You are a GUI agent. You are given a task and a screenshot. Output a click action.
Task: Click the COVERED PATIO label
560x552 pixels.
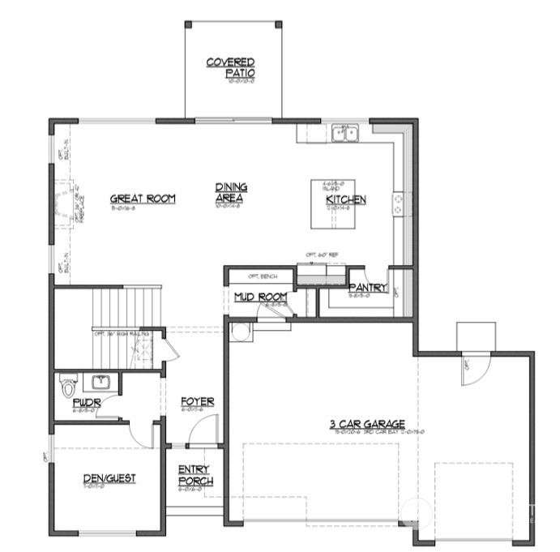pyautogui.click(x=231, y=67)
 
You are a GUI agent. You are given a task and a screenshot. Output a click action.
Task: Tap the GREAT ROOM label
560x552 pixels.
pyautogui.click(x=143, y=199)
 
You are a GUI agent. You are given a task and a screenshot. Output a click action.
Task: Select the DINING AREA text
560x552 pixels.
pyautogui.click(x=231, y=193)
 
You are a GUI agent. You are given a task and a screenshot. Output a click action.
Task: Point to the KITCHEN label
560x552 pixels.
pyautogui.click(x=346, y=199)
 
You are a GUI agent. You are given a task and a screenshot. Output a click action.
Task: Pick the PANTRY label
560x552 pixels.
pyautogui.click(x=368, y=288)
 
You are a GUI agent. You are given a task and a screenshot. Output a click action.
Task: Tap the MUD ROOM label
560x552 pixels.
pyautogui.click(x=260, y=297)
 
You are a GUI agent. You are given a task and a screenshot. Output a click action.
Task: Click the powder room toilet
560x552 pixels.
pyautogui.click(x=69, y=386)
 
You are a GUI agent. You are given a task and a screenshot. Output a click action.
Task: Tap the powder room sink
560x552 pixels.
pyautogui.click(x=101, y=381)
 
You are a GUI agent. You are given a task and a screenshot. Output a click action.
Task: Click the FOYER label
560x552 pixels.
pyautogui.click(x=197, y=401)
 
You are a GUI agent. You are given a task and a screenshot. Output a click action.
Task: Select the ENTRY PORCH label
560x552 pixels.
pyautogui.click(x=195, y=476)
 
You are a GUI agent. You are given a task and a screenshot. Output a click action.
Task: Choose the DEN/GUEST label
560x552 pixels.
pyautogui.click(x=109, y=478)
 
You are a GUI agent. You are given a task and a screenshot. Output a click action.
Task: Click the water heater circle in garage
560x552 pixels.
pyautogui.click(x=239, y=331)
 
